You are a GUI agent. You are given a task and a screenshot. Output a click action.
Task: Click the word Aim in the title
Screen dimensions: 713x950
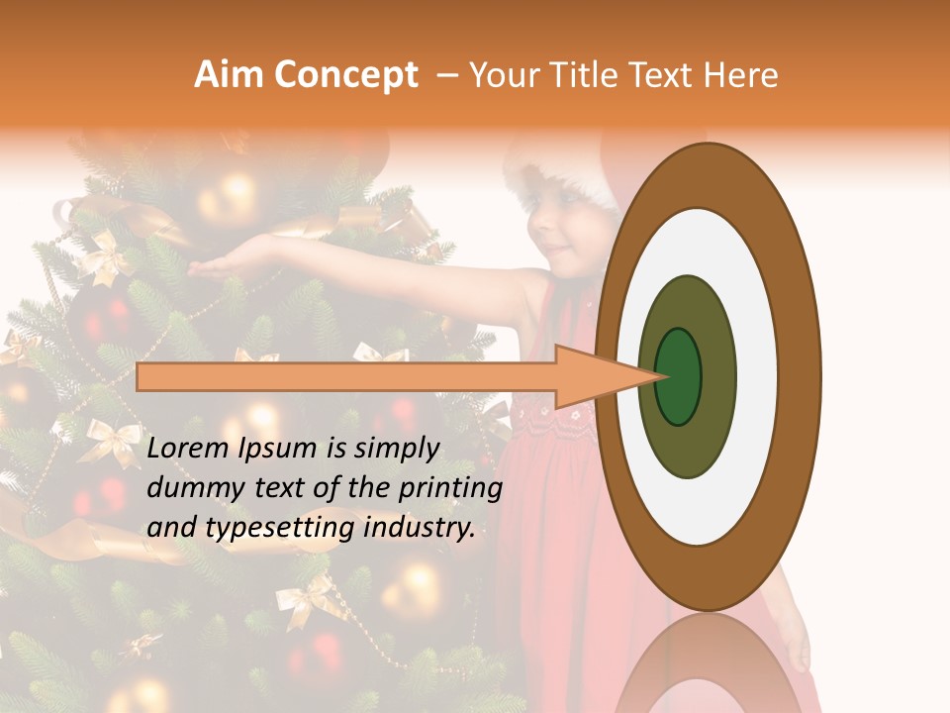[230, 75]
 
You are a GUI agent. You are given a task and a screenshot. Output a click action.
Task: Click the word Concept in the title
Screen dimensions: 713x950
[344, 75]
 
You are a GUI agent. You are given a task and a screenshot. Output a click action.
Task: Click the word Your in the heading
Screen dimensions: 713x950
[502, 75]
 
